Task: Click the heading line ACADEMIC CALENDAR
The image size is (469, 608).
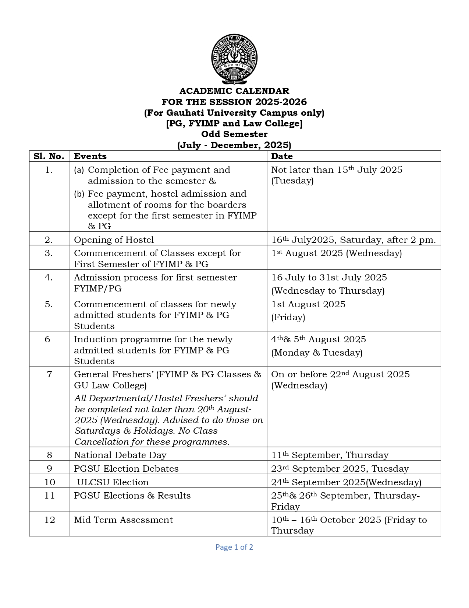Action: click(234, 91)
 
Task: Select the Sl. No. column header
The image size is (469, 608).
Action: click(49, 156)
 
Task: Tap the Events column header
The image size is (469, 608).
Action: click(90, 156)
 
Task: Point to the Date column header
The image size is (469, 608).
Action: click(282, 156)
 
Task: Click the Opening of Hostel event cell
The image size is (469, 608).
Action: click(114, 240)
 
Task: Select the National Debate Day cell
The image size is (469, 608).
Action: click(120, 455)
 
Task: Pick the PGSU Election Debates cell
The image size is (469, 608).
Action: click(126, 469)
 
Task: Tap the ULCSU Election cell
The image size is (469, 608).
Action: click(113, 482)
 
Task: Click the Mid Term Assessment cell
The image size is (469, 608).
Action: click(123, 520)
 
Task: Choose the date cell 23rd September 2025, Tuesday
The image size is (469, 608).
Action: click(340, 469)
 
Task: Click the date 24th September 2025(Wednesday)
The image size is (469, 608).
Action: click(346, 482)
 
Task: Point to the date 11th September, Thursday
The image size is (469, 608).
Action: click(330, 455)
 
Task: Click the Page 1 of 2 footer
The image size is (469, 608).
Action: click(234, 547)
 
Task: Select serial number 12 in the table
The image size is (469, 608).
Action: click(50, 520)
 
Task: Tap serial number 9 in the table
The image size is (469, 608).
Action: click(50, 469)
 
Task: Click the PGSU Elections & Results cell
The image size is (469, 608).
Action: click(132, 496)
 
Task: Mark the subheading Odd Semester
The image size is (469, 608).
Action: click(234, 134)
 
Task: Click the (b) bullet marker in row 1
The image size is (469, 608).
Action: click(79, 194)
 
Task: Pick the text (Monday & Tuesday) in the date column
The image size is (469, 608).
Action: click(317, 353)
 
